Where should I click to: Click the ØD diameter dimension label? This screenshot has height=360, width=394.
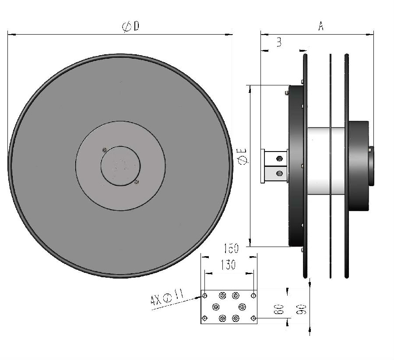[x=130, y=26]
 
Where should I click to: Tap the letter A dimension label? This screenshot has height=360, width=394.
[x=321, y=26]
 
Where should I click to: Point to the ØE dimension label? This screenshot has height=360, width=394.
[x=243, y=156]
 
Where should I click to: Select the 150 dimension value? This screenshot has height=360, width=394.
[x=231, y=248]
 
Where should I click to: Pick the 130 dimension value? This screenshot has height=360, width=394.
[x=228, y=265]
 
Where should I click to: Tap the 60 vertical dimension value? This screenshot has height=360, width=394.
[x=279, y=309]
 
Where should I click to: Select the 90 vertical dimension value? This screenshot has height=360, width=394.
[x=301, y=309]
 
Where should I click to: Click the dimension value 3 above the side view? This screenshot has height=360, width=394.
[x=279, y=42]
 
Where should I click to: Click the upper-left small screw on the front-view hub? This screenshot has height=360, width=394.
[x=105, y=150]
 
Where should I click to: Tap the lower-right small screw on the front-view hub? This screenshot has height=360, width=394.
[x=137, y=182]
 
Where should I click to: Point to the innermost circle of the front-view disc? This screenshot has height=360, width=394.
[x=121, y=166]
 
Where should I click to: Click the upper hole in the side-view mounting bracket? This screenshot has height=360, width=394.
[x=279, y=159]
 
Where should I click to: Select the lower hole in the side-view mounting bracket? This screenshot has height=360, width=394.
[x=279, y=173]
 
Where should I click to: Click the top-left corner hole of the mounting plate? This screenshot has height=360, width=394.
[x=205, y=296]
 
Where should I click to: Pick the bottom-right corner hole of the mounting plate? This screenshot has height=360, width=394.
[x=253, y=318]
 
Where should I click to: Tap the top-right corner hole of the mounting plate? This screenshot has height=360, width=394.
[x=253, y=296]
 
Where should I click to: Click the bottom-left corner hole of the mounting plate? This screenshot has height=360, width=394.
[x=205, y=318]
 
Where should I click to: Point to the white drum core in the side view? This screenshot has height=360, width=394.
[x=326, y=161]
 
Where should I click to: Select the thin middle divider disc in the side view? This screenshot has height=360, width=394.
[x=331, y=166]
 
